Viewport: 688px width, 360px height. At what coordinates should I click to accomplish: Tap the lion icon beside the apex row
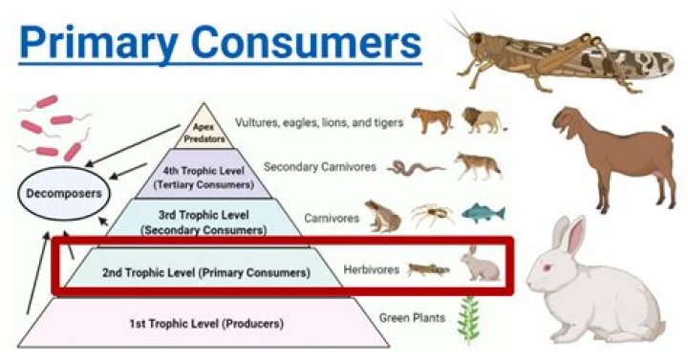click(484, 119)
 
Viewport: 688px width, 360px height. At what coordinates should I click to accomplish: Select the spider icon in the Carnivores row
click(432, 216)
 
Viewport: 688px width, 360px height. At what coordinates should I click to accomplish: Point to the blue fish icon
click(482, 213)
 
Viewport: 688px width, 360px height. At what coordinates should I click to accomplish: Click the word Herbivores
click(372, 271)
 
